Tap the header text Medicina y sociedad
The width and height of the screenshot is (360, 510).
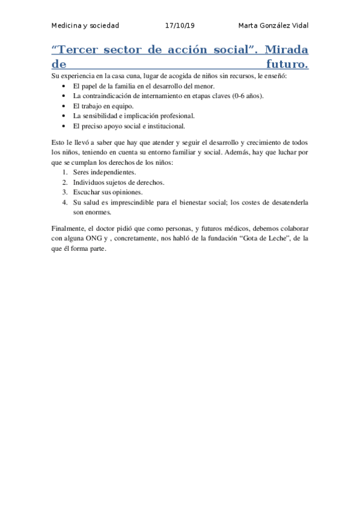(85, 26)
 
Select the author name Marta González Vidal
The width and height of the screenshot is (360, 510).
(273, 26)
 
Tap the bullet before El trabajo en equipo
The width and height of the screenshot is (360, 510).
(65, 105)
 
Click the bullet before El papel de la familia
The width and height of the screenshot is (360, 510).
(65, 86)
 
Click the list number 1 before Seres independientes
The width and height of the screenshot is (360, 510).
(64, 172)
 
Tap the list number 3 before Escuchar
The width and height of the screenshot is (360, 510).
(64, 192)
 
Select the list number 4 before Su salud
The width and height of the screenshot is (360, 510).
(64, 202)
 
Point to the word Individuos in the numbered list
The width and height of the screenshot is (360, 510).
(89, 182)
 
